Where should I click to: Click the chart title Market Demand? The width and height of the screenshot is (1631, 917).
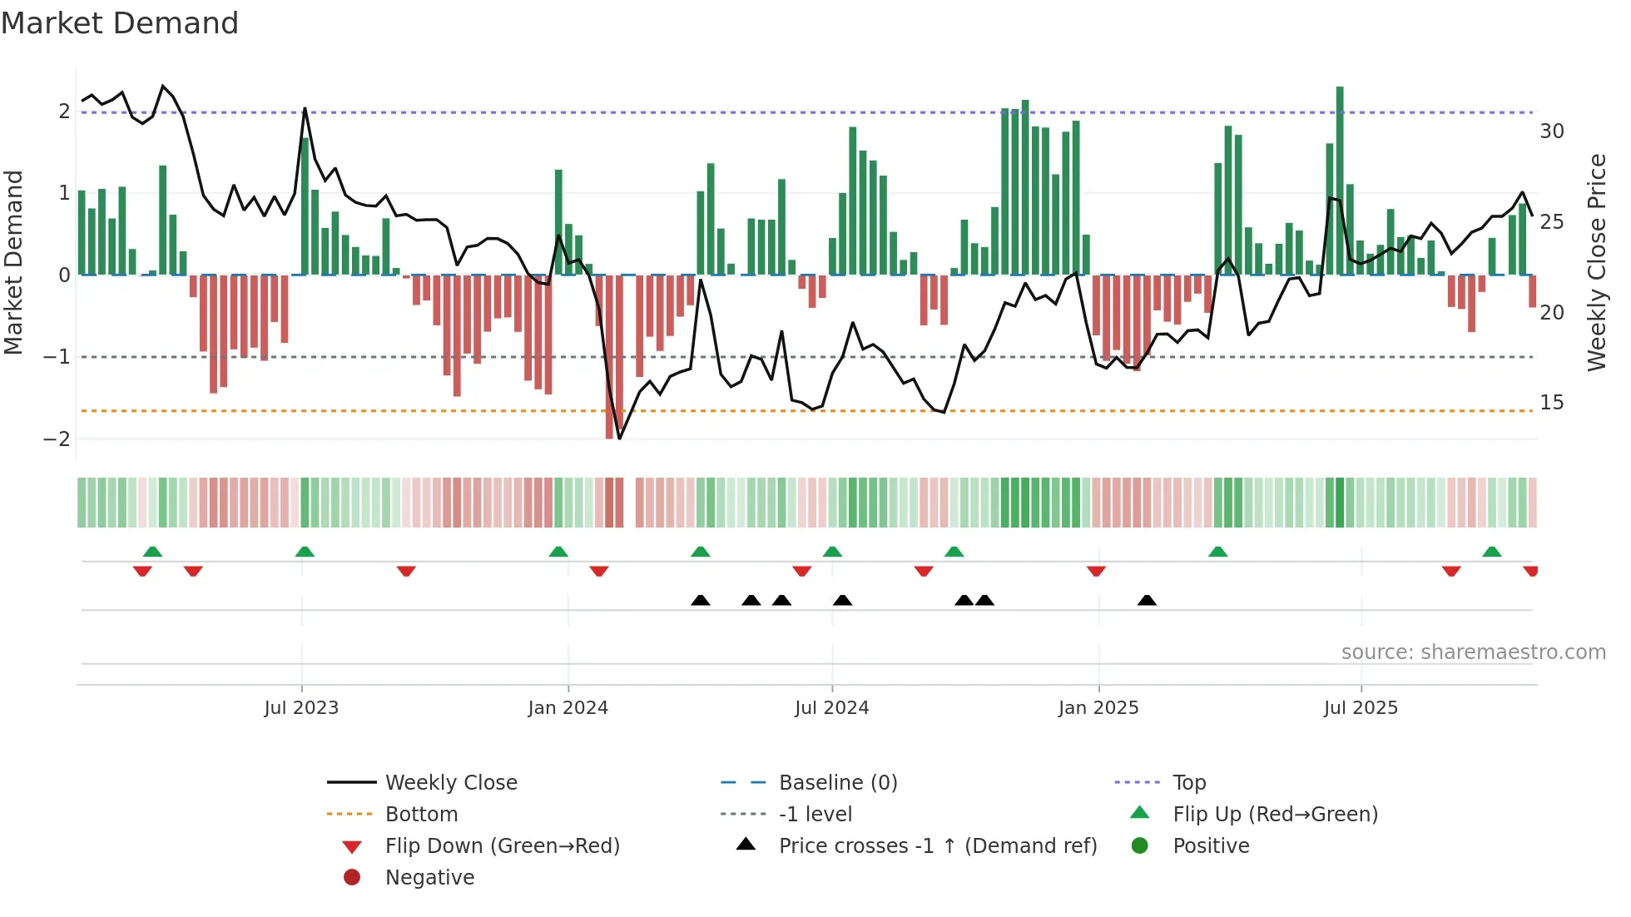(x=120, y=23)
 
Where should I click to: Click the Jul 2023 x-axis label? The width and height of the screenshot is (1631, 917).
(x=301, y=708)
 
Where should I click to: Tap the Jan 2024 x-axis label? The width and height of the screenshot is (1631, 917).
(x=568, y=708)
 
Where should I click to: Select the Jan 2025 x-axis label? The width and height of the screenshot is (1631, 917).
(x=1098, y=708)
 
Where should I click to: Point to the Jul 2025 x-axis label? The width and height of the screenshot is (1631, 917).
(x=1361, y=708)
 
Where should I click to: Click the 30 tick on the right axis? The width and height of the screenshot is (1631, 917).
(x=1552, y=131)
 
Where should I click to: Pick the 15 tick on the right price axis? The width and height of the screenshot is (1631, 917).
(x=1552, y=403)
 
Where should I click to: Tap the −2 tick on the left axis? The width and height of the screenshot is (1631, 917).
(x=57, y=439)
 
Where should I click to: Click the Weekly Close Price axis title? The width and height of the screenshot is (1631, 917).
(x=1597, y=262)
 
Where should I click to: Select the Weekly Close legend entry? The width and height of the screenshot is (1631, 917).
(x=450, y=783)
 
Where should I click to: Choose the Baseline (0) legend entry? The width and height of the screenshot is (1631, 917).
(x=837, y=783)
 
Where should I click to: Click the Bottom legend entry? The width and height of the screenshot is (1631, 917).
(x=421, y=815)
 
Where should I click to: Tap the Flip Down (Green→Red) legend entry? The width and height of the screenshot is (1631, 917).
(x=502, y=846)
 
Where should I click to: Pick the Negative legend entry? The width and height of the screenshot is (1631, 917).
(x=429, y=878)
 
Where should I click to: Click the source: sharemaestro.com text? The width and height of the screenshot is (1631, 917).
(x=1473, y=652)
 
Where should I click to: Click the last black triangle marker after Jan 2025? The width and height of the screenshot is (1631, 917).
(x=1147, y=601)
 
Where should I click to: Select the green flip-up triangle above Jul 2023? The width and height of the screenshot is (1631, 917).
(x=305, y=552)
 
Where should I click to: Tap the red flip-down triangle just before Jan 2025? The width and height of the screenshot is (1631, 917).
(x=1096, y=571)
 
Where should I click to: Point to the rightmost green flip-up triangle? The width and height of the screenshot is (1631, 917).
(x=1492, y=552)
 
